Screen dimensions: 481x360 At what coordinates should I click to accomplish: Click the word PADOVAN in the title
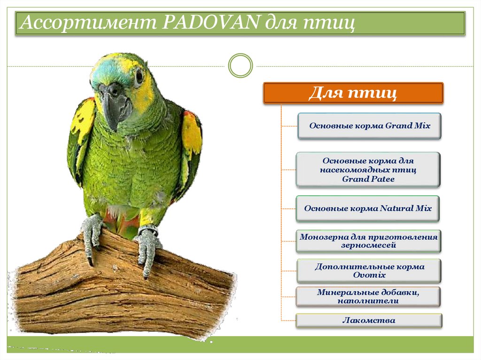(x=210, y=22)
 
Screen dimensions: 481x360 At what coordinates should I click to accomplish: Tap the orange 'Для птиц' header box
(x=353, y=93)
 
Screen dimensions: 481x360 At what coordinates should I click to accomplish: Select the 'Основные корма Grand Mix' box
(x=369, y=126)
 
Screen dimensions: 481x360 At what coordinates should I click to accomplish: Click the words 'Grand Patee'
(x=368, y=179)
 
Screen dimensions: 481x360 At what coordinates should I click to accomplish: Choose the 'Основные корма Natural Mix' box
(x=367, y=208)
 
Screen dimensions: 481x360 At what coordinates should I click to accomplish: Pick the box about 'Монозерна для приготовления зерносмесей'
(x=368, y=241)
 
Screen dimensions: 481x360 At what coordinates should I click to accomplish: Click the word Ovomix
(x=369, y=275)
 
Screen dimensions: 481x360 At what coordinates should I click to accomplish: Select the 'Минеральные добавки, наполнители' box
(x=368, y=297)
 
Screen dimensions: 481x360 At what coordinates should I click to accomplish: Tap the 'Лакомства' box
(x=369, y=321)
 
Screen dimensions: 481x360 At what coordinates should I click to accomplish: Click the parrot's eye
(x=139, y=76)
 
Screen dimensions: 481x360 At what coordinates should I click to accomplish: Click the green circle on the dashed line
(x=240, y=66)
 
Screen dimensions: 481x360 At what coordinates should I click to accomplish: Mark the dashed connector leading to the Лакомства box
(x=289, y=321)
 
